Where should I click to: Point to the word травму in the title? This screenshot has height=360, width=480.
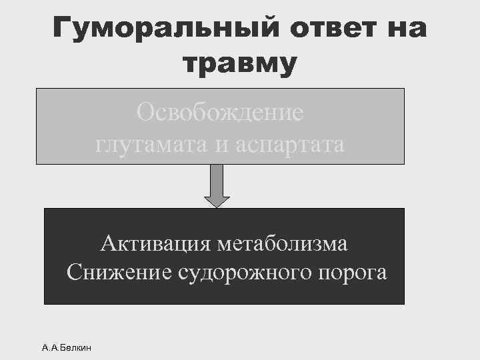(x=239, y=64)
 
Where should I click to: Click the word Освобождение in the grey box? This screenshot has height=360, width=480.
(x=220, y=111)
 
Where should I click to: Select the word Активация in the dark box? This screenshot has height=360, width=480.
(x=155, y=244)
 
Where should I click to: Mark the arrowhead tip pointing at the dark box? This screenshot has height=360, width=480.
(x=217, y=207)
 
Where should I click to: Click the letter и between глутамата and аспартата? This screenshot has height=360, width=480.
(x=221, y=145)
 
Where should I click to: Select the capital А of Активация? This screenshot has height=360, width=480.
(x=107, y=244)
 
